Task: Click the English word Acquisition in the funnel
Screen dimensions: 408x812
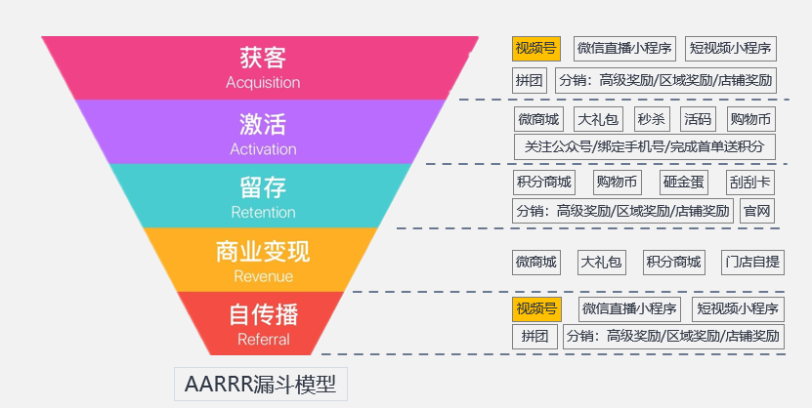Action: tap(263, 83)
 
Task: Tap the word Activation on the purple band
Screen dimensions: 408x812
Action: tap(263, 149)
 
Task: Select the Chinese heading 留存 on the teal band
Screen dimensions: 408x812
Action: tap(263, 186)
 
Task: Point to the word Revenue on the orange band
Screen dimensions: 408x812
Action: tap(263, 276)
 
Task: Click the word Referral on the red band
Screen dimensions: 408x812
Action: tap(263, 340)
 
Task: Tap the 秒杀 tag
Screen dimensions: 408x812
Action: tap(652, 120)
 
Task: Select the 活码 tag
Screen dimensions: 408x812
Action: tap(698, 120)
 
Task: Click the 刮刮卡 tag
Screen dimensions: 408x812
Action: tap(750, 183)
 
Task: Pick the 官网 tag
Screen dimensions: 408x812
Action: tap(757, 211)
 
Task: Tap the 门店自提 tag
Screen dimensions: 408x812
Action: tap(752, 262)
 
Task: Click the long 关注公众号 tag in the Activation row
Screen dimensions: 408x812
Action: tap(644, 147)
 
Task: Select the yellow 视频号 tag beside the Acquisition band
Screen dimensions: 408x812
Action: tap(535, 48)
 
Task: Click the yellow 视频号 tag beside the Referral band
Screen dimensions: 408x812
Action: tap(537, 309)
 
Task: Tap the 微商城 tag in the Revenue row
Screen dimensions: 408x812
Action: tap(536, 262)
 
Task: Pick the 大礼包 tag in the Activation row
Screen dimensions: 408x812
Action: tap(598, 120)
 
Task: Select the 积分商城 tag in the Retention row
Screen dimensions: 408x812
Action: tap(543, 183)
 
